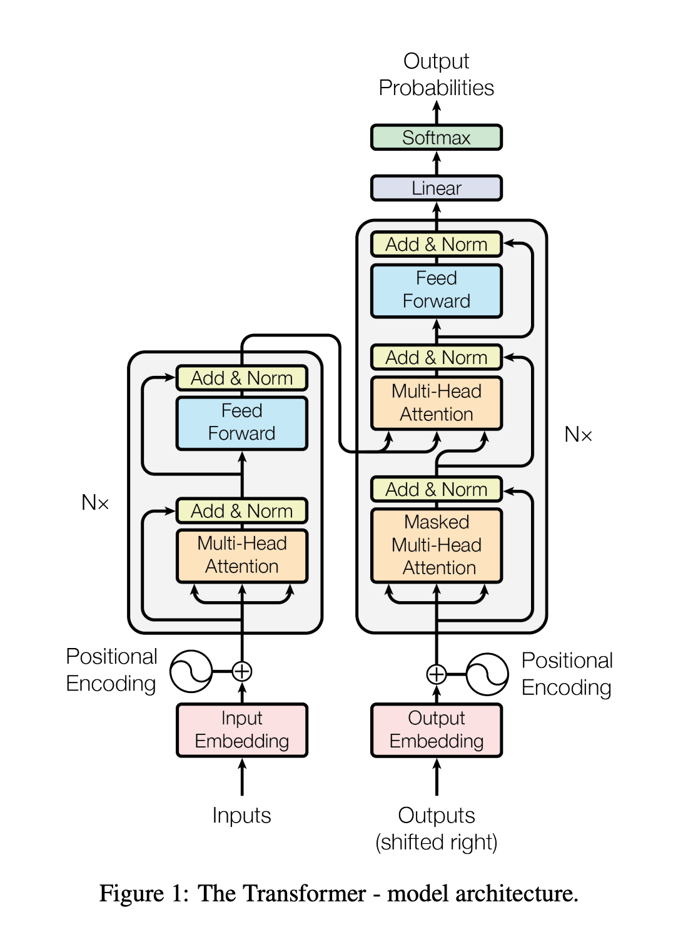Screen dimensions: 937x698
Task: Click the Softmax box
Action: [436, 138]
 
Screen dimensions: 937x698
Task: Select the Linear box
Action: [436, 188]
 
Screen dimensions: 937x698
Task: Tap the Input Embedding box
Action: [242, 730]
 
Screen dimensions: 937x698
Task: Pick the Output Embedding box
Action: [436, 730]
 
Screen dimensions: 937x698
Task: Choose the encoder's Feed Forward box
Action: [242, 423]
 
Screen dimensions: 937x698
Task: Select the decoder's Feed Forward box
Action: [436, 290]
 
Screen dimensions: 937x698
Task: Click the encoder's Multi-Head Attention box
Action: [242, 555]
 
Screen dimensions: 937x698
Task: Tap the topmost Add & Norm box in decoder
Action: [436, 245]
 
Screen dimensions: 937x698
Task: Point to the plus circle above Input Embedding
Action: [242, 671]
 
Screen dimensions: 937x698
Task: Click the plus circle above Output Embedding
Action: [437, 674]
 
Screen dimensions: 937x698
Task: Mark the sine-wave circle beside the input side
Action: [191, 671]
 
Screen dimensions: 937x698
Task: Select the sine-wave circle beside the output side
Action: [487, 674]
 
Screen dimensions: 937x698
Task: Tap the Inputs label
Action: [241, 816]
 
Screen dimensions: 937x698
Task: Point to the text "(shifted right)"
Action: [436, 843]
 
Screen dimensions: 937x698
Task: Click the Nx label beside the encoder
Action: [95, 502]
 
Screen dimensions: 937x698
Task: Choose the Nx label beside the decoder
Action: [578, 435]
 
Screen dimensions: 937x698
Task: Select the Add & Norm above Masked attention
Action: [436, 489]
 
